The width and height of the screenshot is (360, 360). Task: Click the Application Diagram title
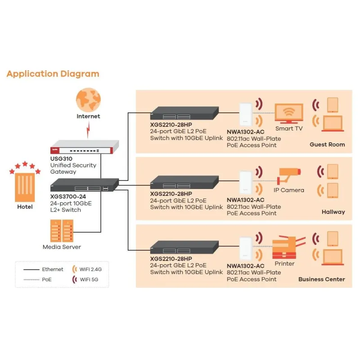click(x=53, y=74)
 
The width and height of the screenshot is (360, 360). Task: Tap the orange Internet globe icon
click(x=88, y=100)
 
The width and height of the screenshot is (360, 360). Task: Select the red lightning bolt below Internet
click(x=89, y=130)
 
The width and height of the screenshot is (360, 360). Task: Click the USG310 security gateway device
click(x=84, y=147)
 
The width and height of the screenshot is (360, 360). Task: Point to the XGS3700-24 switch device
click(x=84, y=184)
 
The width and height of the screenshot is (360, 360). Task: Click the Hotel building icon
click(x=25, y=185)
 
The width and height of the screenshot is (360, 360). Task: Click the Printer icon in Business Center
click(x=284, y=248)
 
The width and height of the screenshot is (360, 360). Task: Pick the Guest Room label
click(x=327, y=144)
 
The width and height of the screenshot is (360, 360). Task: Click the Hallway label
click(x=333, y=211)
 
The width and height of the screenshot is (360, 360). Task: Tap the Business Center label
click(x=321, y=279)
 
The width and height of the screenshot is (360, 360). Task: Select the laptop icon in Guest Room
click(x=333, y=123)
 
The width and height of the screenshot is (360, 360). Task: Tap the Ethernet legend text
click(x=53, y=270)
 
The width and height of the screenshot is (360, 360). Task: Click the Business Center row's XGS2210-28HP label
click(x=171, y=259)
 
